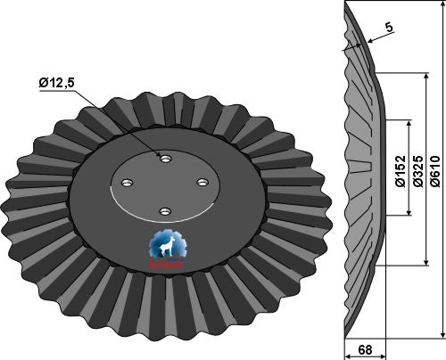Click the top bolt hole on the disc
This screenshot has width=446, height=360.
click(165, 158)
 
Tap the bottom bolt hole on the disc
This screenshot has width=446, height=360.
click(164, 211)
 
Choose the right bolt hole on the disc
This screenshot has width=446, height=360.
click(202, 183)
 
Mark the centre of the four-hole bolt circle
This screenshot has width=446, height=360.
click(165, 184)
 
